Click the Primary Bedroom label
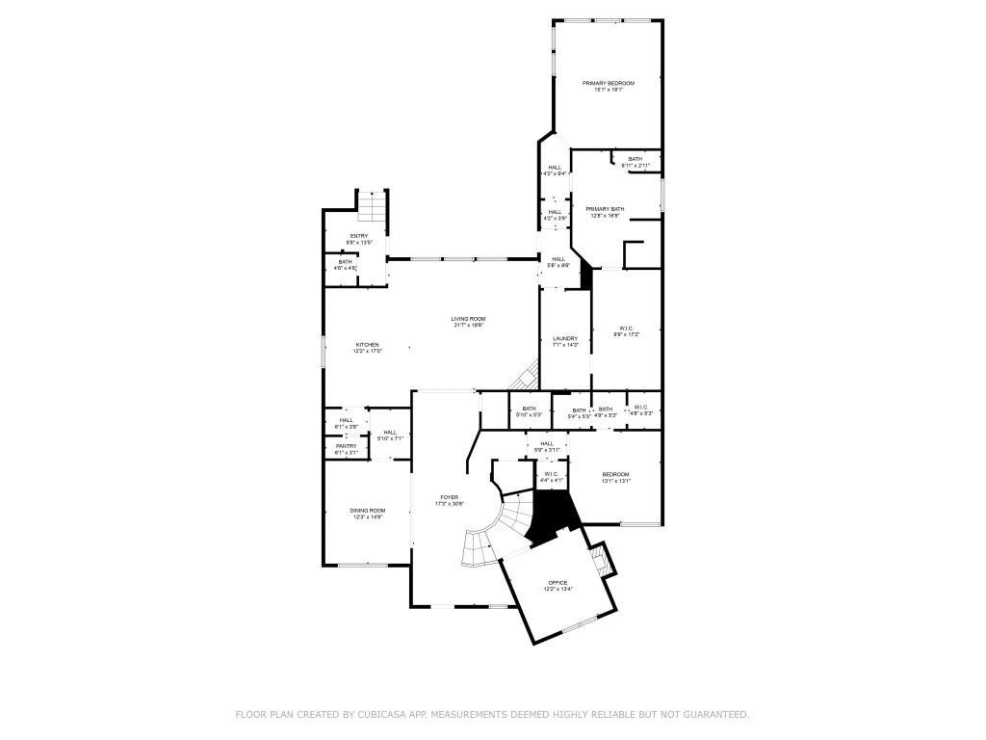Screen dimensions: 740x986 pos(608,84)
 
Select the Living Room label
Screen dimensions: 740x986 pos(468,320)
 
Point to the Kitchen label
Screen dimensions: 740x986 pos(368,345)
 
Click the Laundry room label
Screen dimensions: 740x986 pos(565,339)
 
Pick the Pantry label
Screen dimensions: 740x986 pos(346,446)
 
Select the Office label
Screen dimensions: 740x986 pos(558,583)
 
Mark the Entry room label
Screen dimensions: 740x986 pos(358,236)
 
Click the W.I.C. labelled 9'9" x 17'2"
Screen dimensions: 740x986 pos(626,330)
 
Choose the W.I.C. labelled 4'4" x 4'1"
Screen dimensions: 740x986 pos(551,474)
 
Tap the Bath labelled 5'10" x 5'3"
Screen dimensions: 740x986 pos(529,409)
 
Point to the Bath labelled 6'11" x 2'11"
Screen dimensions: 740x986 pos(636,160)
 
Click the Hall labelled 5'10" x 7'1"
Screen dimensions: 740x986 pos(389,433)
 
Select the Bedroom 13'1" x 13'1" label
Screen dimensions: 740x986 pos(615,475)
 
